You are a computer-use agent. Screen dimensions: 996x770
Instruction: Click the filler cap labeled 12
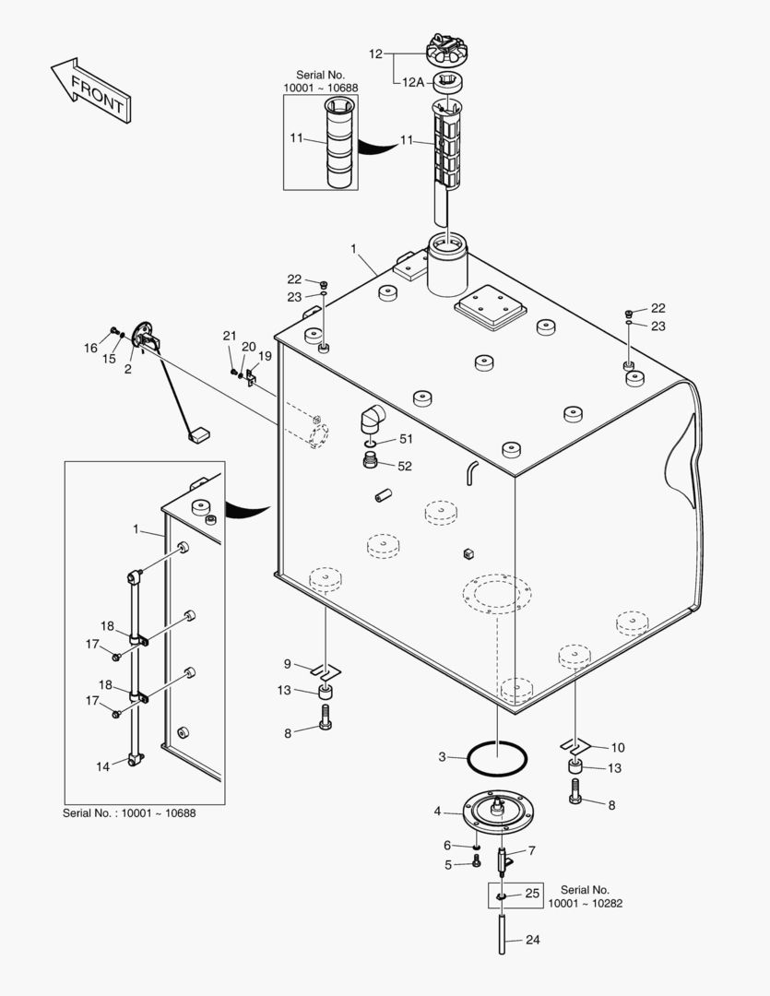(447, 48)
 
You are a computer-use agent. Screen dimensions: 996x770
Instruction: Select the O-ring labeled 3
(498, 760)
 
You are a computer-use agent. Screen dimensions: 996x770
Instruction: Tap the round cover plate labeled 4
(498, 812)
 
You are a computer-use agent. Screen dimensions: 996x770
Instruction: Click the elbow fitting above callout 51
(373, 419)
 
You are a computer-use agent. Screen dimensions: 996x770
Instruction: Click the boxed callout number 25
(532, 894)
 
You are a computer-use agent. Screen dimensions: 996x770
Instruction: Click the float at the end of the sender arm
(196, 434)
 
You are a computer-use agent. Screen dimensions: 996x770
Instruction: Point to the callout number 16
(90, 348)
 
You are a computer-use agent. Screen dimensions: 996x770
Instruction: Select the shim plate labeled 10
(574, 742)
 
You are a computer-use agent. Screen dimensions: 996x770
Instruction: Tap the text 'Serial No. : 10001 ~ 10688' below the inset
(129, 812)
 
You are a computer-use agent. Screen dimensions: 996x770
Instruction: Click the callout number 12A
(412, 82)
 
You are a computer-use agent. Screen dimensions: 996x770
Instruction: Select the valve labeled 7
(503, 861)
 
